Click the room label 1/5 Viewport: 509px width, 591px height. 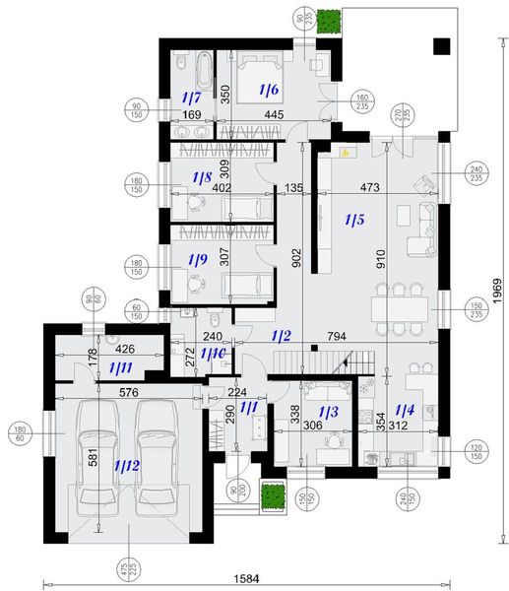356,219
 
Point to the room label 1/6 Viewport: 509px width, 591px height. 269,91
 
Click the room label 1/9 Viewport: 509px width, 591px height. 201,261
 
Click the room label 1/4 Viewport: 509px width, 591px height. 404,409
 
